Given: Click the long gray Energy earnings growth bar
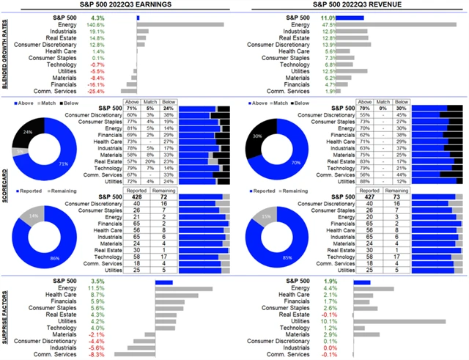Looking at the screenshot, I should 180,24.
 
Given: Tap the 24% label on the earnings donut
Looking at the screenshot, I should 27,132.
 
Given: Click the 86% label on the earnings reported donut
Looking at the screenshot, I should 55,259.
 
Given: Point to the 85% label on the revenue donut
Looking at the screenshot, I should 287,258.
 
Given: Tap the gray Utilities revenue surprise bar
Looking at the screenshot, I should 399,320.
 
